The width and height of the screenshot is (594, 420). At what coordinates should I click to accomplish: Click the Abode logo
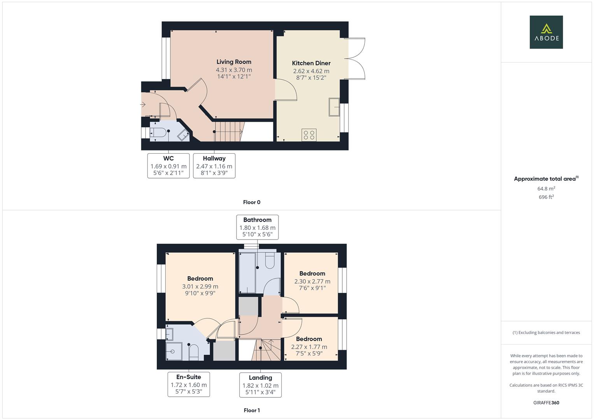546,32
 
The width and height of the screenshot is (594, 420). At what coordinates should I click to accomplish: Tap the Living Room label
234,62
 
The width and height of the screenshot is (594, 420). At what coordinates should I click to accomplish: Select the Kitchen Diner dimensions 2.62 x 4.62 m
311,71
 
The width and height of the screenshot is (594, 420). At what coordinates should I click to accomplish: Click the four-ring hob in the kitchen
309,135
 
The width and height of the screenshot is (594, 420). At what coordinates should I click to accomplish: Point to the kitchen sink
334,107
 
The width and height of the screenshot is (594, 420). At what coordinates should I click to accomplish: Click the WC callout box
168,166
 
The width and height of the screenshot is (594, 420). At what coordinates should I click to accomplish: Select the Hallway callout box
214,166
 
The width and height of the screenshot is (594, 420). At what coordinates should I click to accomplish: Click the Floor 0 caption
252,202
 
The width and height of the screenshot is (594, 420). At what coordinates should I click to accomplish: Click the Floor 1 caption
252,410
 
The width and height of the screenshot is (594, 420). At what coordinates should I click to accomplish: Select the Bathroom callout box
257,227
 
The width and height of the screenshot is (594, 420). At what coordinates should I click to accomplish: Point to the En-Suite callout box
189,384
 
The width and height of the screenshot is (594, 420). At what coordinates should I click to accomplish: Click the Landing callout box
260,385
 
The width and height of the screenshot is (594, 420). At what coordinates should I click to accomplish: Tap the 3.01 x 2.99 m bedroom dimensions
200,287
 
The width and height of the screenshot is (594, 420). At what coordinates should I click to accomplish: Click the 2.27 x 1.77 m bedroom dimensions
309,347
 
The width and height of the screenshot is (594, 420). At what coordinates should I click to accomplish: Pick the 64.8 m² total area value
546,189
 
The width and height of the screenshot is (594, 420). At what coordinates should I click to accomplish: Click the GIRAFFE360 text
546,403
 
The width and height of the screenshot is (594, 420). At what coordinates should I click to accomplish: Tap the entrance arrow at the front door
143,105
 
